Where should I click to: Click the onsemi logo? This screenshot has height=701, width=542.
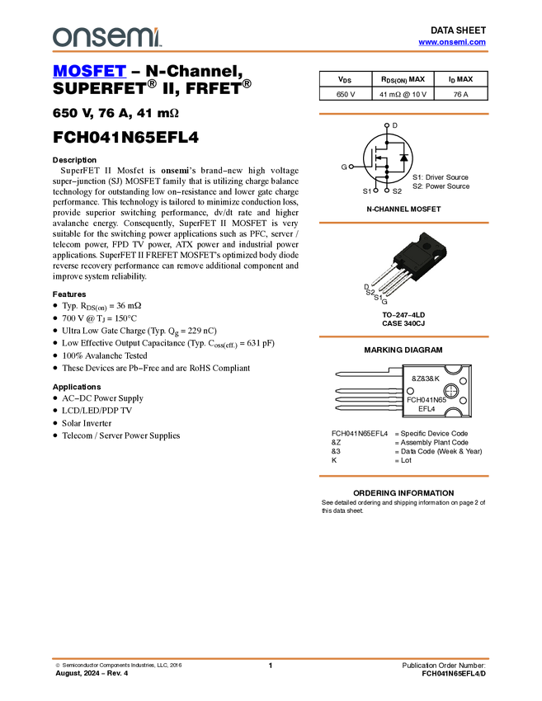tap(106, 37)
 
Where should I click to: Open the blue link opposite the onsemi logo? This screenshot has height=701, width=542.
tap(452, 42)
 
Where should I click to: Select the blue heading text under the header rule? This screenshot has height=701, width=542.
tap(89, 72)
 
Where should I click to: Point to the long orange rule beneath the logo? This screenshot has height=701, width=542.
tap(271, 51)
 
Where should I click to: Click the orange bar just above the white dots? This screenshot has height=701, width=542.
tap(403, 114)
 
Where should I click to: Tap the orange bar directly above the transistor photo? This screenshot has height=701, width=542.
tap(403, 223)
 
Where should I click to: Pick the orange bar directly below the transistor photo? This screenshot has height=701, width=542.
tap(403, 336)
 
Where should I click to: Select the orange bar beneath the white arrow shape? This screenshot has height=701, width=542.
tap(403, 476)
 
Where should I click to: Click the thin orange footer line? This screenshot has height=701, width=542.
tap(271, 658)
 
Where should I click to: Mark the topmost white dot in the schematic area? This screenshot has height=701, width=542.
tap(386, 125)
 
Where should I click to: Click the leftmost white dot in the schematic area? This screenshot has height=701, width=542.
tap(351, 167)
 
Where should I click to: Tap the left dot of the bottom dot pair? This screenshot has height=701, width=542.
tap(375, 191)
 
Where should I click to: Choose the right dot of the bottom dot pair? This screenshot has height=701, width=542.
tap(387, 191)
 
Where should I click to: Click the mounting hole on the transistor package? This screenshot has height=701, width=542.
tap(425, 244)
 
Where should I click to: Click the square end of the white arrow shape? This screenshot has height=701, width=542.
tap(396, 372)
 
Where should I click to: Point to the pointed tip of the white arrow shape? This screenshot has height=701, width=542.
tap(337, 374)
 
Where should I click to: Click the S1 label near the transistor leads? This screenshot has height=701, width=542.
tap(379, 297)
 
